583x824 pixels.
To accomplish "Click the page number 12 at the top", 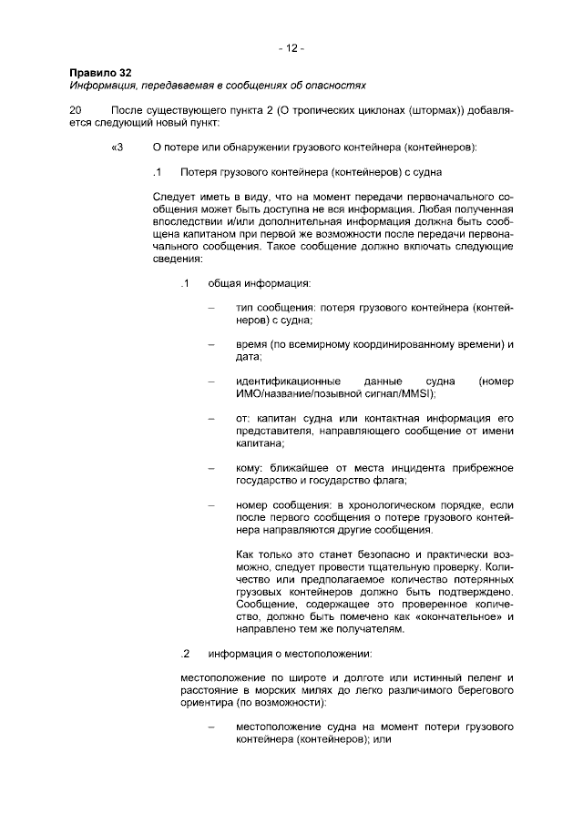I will tap(291, 46).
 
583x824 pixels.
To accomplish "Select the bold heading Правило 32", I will tap(97, 73).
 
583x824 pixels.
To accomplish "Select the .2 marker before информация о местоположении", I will tap(184, 653).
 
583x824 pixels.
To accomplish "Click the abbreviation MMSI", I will tap(416, 393).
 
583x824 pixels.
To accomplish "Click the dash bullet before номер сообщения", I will tap(212, 504).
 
